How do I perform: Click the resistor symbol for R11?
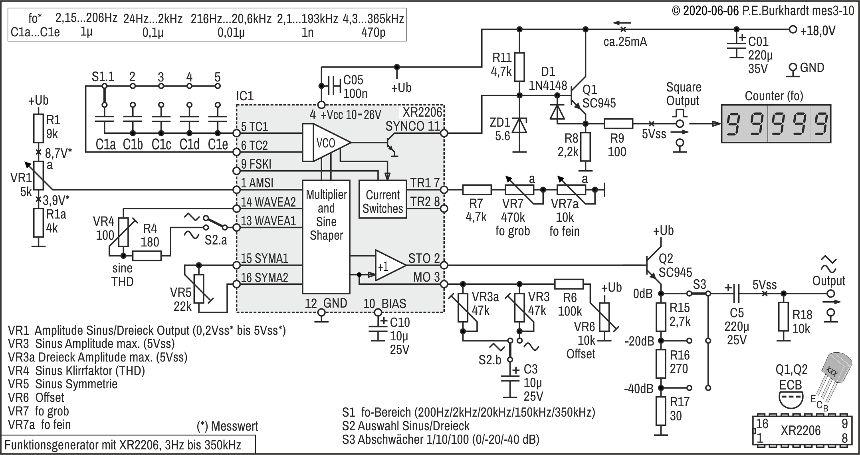click(x=519, y=67)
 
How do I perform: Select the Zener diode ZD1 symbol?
click(x=519, y=125)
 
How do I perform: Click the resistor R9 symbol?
click(x=618, y=123)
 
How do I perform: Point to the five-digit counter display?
click(x=776, y=124)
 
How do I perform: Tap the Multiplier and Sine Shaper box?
click(x=326, y=237)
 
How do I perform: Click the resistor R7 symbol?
click(x=477, y=189)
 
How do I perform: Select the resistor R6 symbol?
click(x=569, y=284)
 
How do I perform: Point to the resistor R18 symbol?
click(x=783, y=317)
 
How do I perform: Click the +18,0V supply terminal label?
click(x=818, y=31)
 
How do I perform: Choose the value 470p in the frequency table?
click(x=373, y=32)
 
